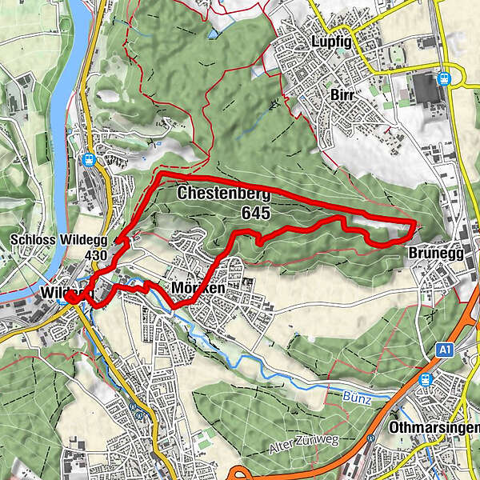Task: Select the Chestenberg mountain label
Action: point(224,194)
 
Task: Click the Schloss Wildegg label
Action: point(58,239)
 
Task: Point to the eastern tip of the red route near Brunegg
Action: point(415,222)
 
